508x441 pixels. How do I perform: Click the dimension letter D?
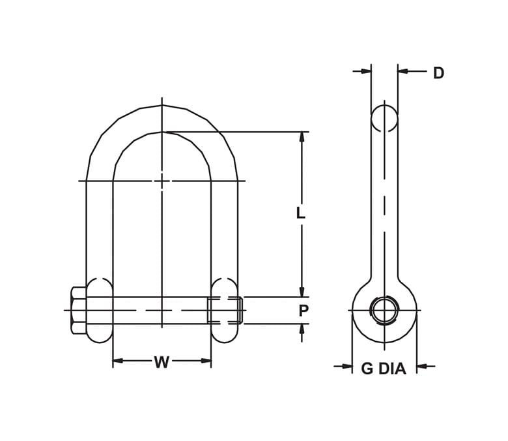438,73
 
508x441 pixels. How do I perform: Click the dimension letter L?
300,213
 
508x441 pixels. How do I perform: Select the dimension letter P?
303,311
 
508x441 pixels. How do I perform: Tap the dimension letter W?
162,363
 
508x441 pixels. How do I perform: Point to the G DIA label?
384,369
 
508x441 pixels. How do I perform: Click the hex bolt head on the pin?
78,311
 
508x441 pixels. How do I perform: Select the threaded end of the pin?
225,310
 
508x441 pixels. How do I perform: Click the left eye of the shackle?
100,310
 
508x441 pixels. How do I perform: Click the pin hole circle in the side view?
384,310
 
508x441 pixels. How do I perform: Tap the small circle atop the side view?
384,118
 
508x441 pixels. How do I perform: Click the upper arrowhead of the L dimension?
302,137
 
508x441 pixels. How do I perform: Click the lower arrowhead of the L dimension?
302,292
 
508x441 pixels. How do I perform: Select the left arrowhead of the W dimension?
118,360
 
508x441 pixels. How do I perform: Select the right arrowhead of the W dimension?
206,360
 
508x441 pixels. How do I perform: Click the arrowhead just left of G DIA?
347,366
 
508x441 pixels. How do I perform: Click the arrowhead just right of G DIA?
421,366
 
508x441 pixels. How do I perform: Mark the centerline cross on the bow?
162,181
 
